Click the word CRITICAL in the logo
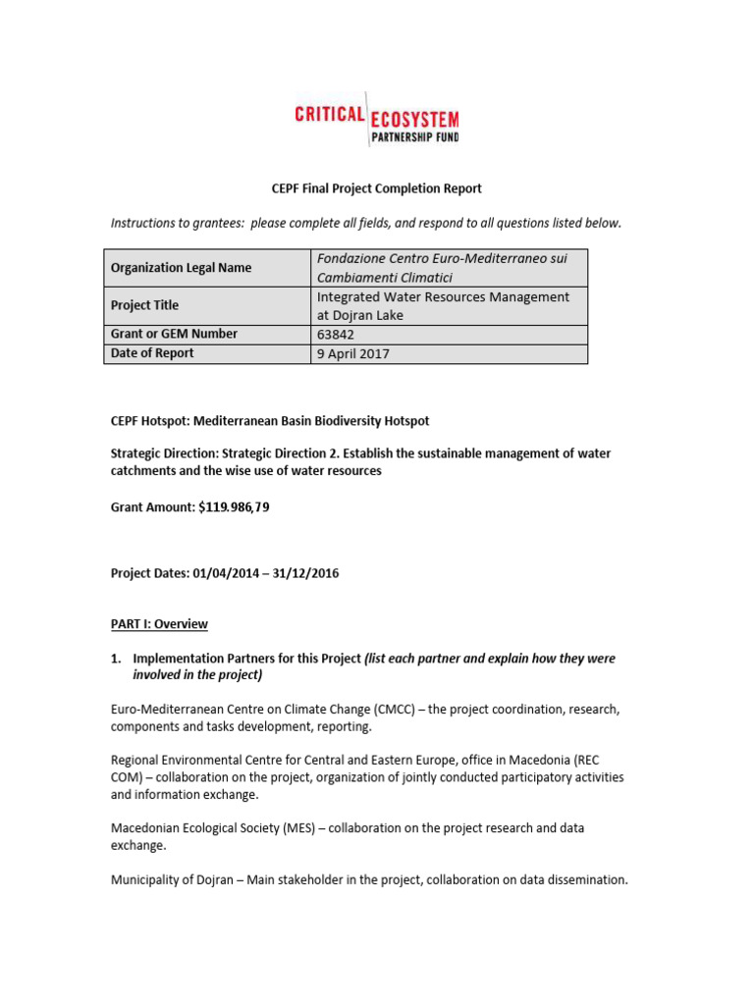(330, 115)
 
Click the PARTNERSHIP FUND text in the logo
(414, 137)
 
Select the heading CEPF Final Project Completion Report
(362, 188)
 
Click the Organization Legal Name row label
(181, 268)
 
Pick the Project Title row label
(144, 305)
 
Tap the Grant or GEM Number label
(174, 334)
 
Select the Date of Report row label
(152, 353)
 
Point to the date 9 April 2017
(353, 354)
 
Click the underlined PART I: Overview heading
(159, 624)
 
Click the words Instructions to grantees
(177, 223)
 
